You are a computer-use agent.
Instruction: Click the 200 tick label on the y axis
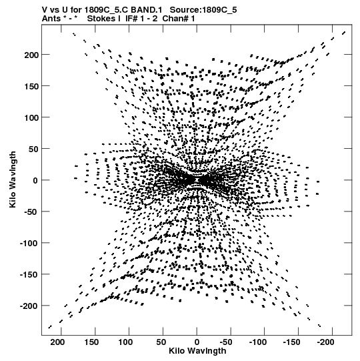point(31,55)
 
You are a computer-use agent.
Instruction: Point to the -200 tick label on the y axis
point(29,306)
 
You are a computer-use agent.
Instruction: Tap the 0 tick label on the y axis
point(35,180)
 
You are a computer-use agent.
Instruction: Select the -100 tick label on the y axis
point(29,244)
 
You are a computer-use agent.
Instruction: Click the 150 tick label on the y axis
point(31,86)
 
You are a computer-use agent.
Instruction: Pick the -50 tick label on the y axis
point(31,212)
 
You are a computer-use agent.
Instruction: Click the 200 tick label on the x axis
point(57,342)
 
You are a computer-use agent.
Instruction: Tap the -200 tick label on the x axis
point(325,342)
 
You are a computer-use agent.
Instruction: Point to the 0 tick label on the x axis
point(197,342)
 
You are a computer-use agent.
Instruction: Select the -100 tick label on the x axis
point(257,342)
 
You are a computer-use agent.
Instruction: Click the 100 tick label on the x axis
point(125,342)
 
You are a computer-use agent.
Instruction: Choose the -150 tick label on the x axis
point(292,342)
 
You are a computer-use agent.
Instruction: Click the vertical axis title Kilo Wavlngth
point(13,179)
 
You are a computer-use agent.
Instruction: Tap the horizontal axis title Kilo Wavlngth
point(197,351)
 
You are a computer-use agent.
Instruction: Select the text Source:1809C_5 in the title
point(203,10)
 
